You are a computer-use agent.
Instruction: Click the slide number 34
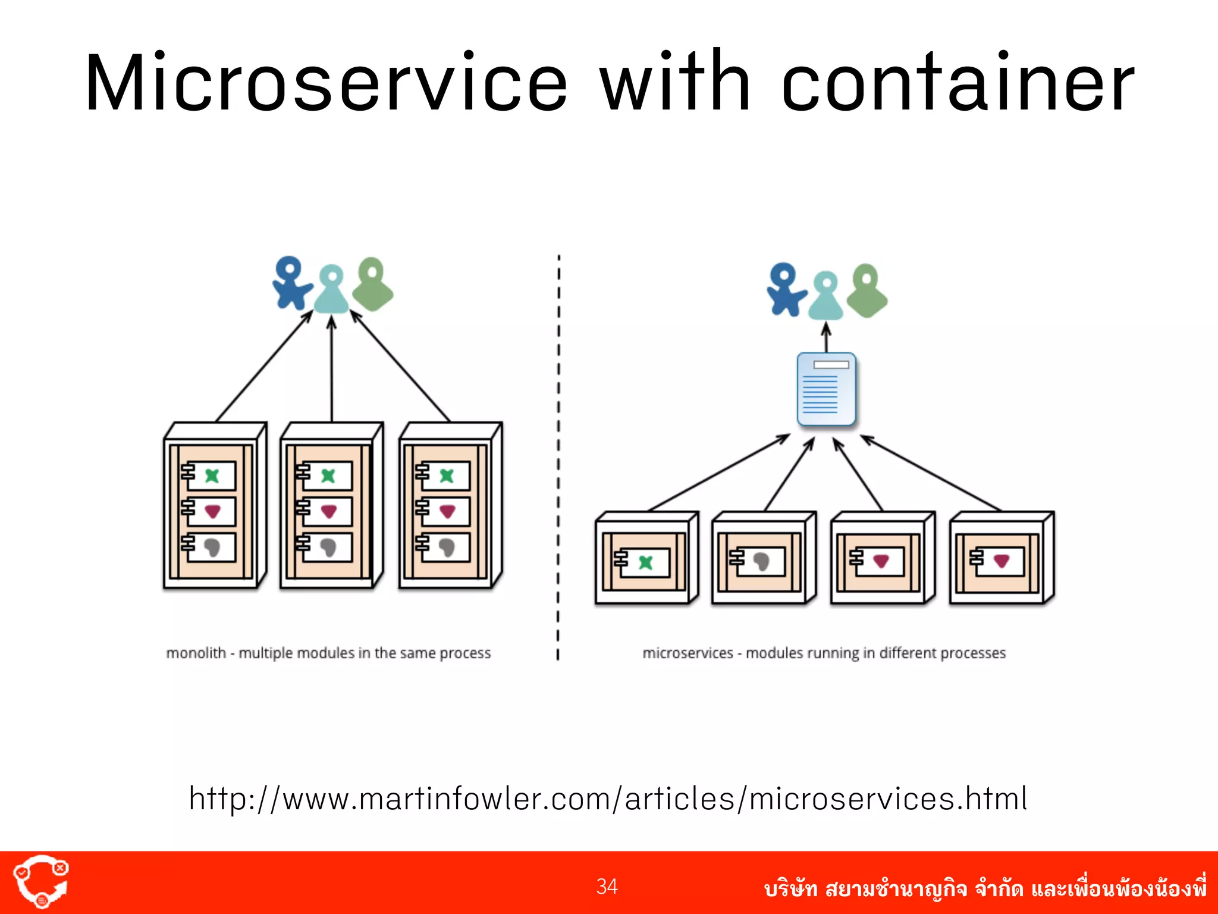click(607, 886)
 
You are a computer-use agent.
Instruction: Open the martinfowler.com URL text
click(608, 799)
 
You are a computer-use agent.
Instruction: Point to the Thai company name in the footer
click(985, 888)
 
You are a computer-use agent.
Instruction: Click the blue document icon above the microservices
click(826, 389)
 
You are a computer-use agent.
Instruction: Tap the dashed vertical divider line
click(558, 458)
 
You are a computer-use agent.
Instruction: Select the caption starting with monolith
click(328, 653)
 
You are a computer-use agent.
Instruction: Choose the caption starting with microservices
click(824, 653)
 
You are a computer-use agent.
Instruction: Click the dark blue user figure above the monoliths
click(291, 283)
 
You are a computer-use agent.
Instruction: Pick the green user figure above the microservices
click(867, 290)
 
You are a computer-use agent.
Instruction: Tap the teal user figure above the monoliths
click(331, 289)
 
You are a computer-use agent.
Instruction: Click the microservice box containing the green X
click(646, 558)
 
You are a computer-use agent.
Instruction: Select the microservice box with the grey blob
click(764, 558)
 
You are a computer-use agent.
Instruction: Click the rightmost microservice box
click(1002, 558)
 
